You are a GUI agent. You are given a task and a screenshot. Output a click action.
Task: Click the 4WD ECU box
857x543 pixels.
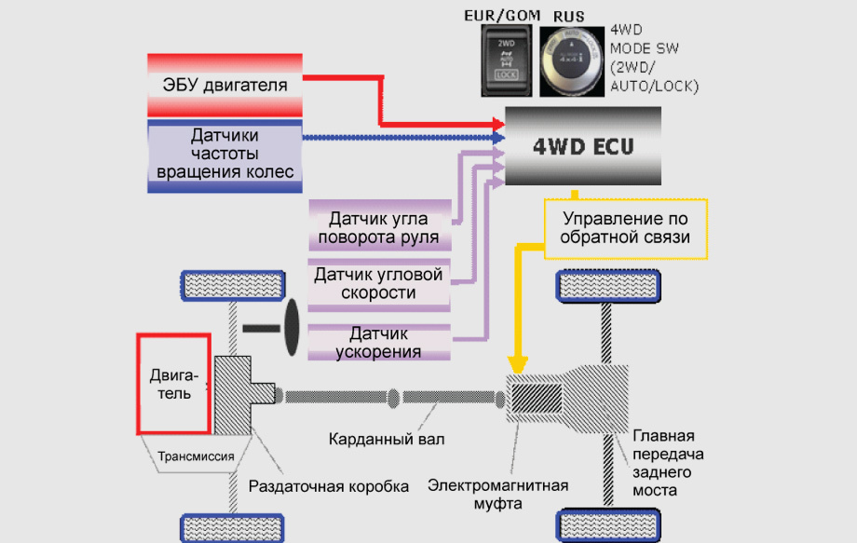tap(582, 145)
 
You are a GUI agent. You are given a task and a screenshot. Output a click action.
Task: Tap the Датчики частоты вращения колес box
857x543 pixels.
tap(224, 155)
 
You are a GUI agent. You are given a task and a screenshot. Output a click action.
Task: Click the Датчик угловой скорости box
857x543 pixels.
tap(378, 283)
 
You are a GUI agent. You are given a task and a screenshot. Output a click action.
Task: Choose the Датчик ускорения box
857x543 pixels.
tap(378, 342)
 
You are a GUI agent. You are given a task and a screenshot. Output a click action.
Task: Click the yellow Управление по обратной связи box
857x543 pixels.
tap(627, 228)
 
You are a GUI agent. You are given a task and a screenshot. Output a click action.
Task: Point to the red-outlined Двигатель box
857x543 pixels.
tap(172, 383)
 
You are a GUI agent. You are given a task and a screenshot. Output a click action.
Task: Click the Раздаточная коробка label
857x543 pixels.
tap(329, 486)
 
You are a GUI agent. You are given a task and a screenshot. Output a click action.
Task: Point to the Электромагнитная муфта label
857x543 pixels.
tap(497, 494)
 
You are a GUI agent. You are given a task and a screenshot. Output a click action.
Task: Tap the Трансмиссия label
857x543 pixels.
tap(197, 456)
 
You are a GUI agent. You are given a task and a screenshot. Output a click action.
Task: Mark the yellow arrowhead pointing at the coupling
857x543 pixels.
tap(520, 366)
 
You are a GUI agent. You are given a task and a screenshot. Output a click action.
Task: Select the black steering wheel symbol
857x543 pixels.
tap(289, 327)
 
